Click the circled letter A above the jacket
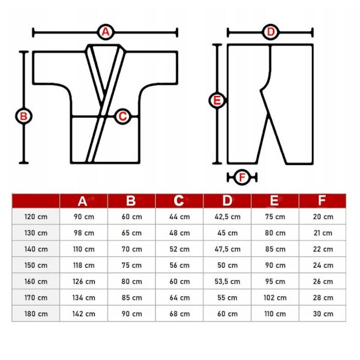[x=106, y=32]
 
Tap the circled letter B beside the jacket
[x=23, y=116]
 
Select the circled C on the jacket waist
[x=122, y=116]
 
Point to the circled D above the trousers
[x=271, y=32]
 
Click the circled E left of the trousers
[x=217, y=101]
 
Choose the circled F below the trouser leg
[x=242, y=177]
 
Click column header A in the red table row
[x=82, y=201]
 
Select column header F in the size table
[x=322, y=200]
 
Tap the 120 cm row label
[x=36, y=217]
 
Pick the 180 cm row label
[x=36, y=314]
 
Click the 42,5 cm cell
[x=227, y=217]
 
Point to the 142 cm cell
[x=84, y=314]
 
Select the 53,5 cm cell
[x=227, y=281]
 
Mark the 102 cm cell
[x=275, y=298]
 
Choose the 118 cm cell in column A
[x=84, y=265]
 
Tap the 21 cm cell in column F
[x=323, y=233]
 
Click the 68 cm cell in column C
[x=180, y=314]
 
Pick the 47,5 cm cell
[x=227, y=249]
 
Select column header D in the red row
[x=227, y=200]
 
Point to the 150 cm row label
[x=36, y=265]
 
